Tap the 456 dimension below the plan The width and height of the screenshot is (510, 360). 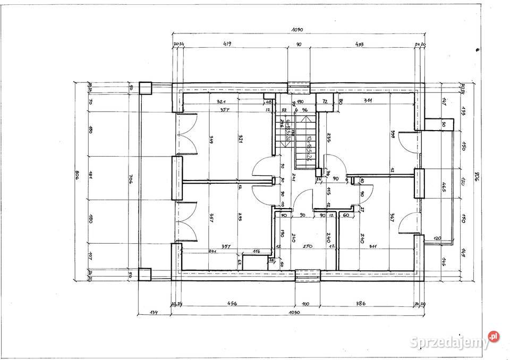(232, 304)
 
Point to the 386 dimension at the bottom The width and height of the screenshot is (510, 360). (361, 304)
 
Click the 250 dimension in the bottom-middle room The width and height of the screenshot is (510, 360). (307, 247)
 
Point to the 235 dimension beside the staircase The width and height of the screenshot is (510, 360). (329, 138)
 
